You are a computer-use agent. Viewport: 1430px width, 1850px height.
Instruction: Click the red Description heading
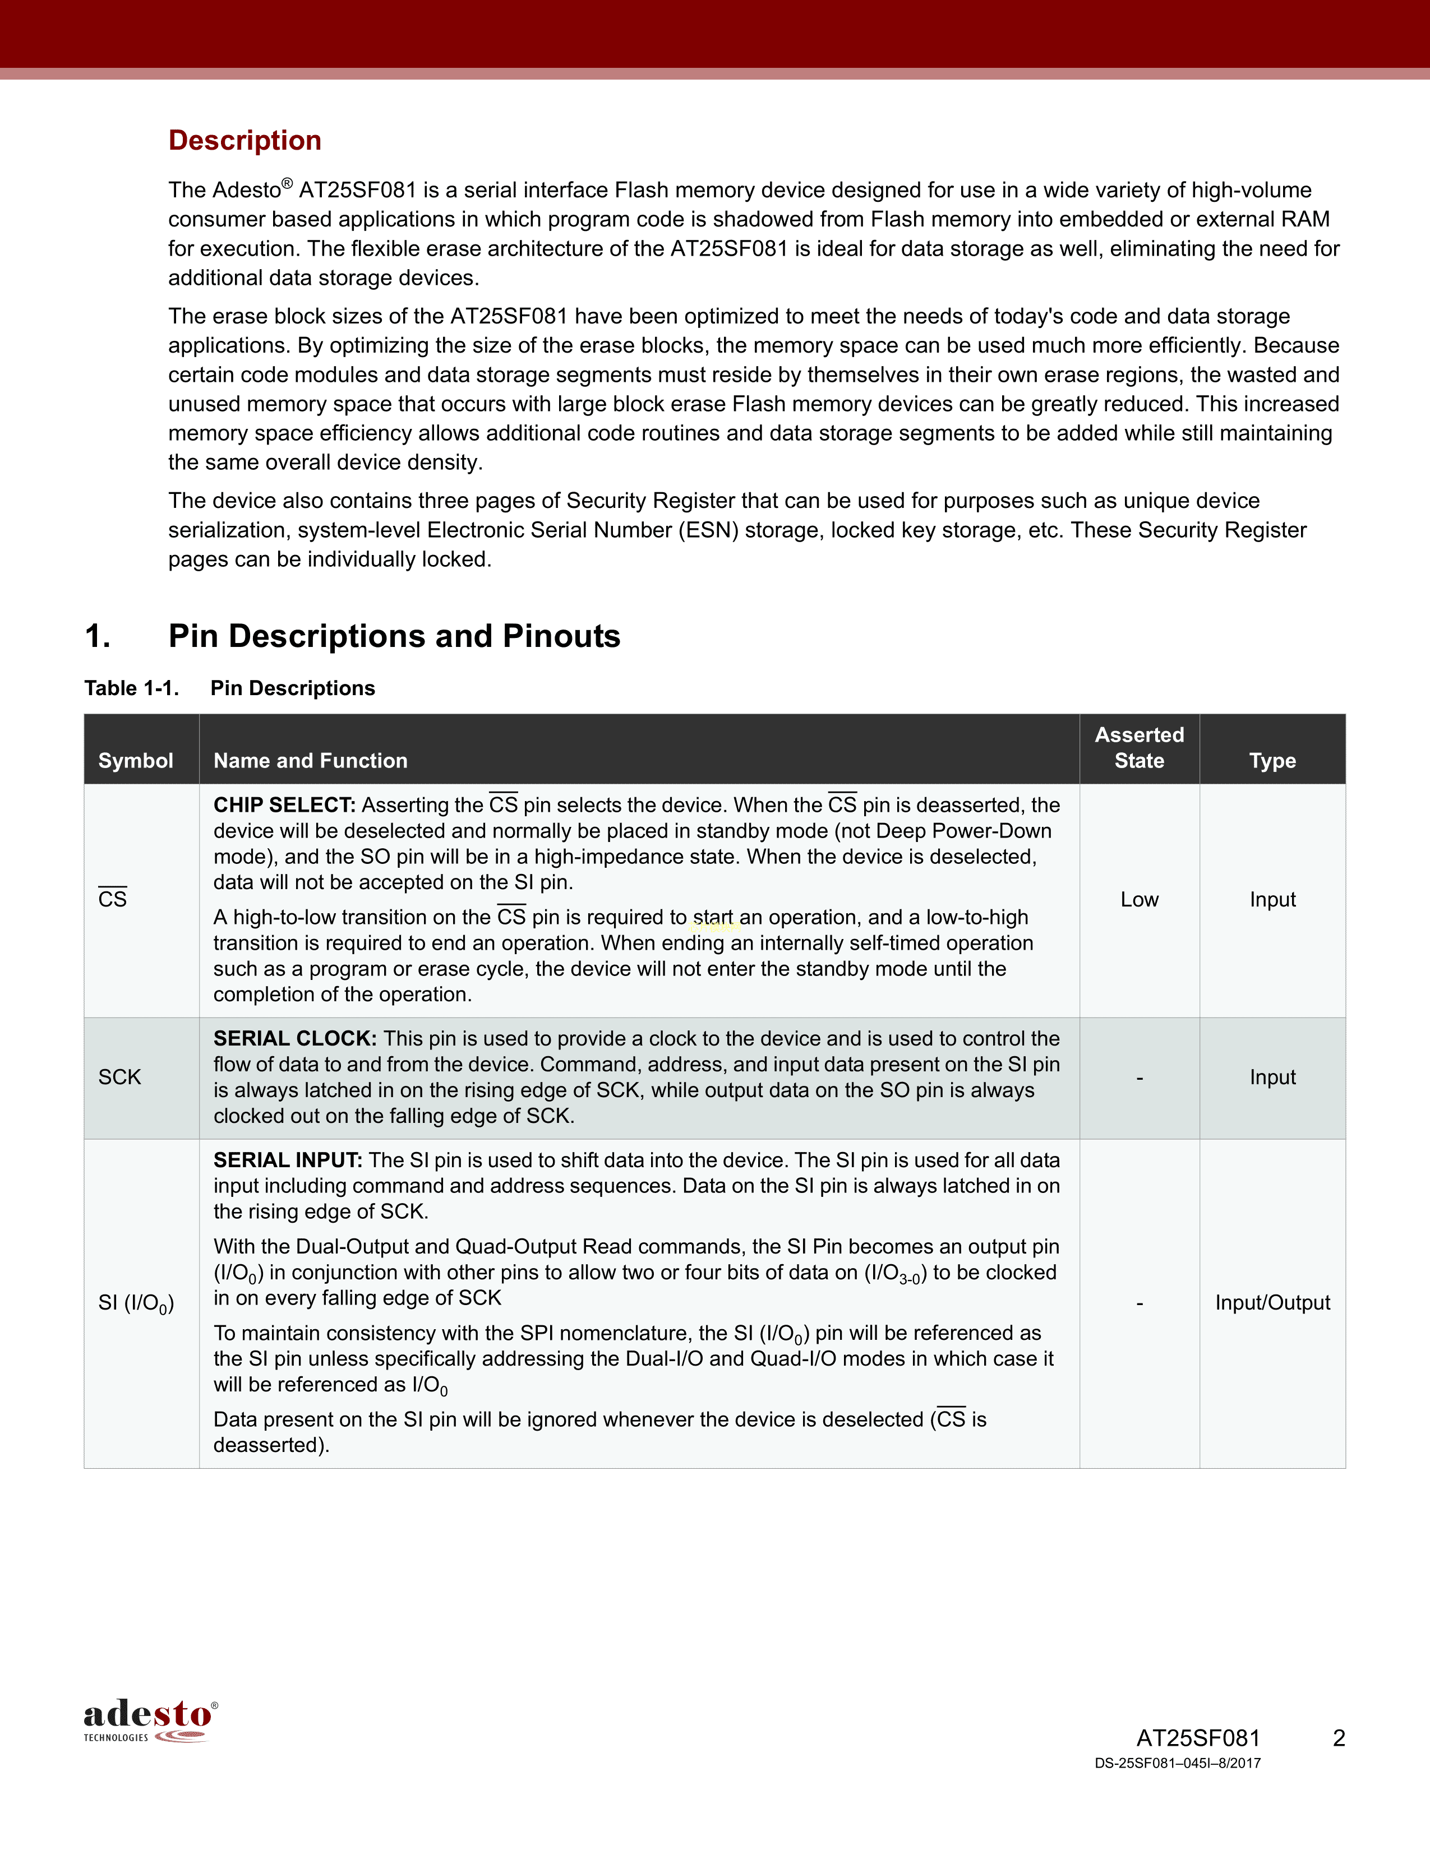pos(245,141)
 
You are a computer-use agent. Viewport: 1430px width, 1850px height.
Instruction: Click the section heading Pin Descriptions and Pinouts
pos(394,636)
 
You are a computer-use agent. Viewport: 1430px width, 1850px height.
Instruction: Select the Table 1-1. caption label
pos(131,688)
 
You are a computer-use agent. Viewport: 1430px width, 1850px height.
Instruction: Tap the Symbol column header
pos(136,761)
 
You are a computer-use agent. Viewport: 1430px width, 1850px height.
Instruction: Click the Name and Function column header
pos(310,761)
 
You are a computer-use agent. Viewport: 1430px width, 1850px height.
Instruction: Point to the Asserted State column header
pos(1138,748)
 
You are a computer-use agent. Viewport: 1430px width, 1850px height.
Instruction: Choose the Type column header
pos(1272,761)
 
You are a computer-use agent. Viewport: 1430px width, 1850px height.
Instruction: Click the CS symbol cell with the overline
pos(113,899)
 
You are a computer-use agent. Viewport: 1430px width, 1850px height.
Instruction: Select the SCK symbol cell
pos(119,1077)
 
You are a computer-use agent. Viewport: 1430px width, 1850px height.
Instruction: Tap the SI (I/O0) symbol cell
pos(136,1303)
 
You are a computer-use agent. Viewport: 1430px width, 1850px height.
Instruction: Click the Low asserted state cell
pos(1138,900)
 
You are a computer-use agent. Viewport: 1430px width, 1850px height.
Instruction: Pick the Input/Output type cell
pos(1272,1303)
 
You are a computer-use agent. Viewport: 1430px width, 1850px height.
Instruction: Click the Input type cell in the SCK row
pos(1272,1077)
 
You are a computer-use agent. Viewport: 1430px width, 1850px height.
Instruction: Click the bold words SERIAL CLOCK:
pos(294,1038)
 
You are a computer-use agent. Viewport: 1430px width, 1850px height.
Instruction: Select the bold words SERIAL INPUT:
pos(287,1160)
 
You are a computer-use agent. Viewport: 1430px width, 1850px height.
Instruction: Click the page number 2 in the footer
pos(1339,1738)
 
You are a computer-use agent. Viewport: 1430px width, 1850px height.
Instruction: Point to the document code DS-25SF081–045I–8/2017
pos(1177,1764)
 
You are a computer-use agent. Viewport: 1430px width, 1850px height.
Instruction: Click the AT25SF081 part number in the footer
pos(1197,1738)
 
